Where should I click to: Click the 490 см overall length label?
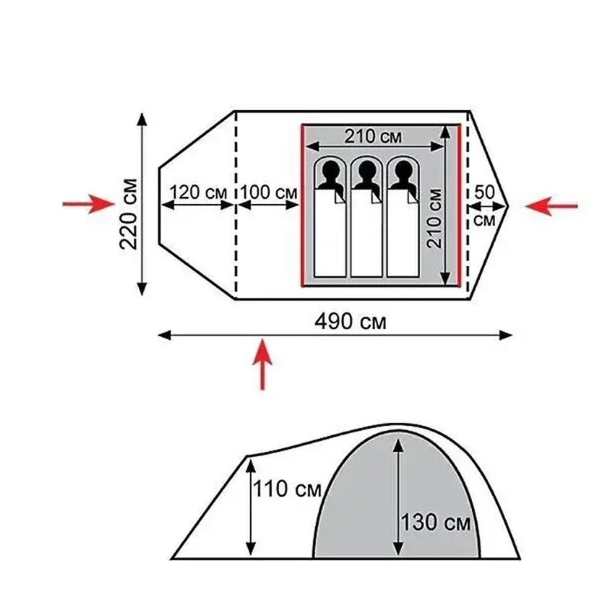[x=350, y=322]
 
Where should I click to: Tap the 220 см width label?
[x=129, y=214]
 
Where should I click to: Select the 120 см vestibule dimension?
[x=198, y=192]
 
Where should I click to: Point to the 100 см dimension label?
[x=269, y=192]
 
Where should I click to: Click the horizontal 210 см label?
[x=373, y=137]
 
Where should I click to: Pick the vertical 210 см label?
[x=435, y=218]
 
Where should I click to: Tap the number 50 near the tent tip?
[x=484, y=192]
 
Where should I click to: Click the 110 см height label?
[x=287, y=489]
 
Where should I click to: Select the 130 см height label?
[x=435, y=522]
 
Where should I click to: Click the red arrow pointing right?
[x=89, y=204]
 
